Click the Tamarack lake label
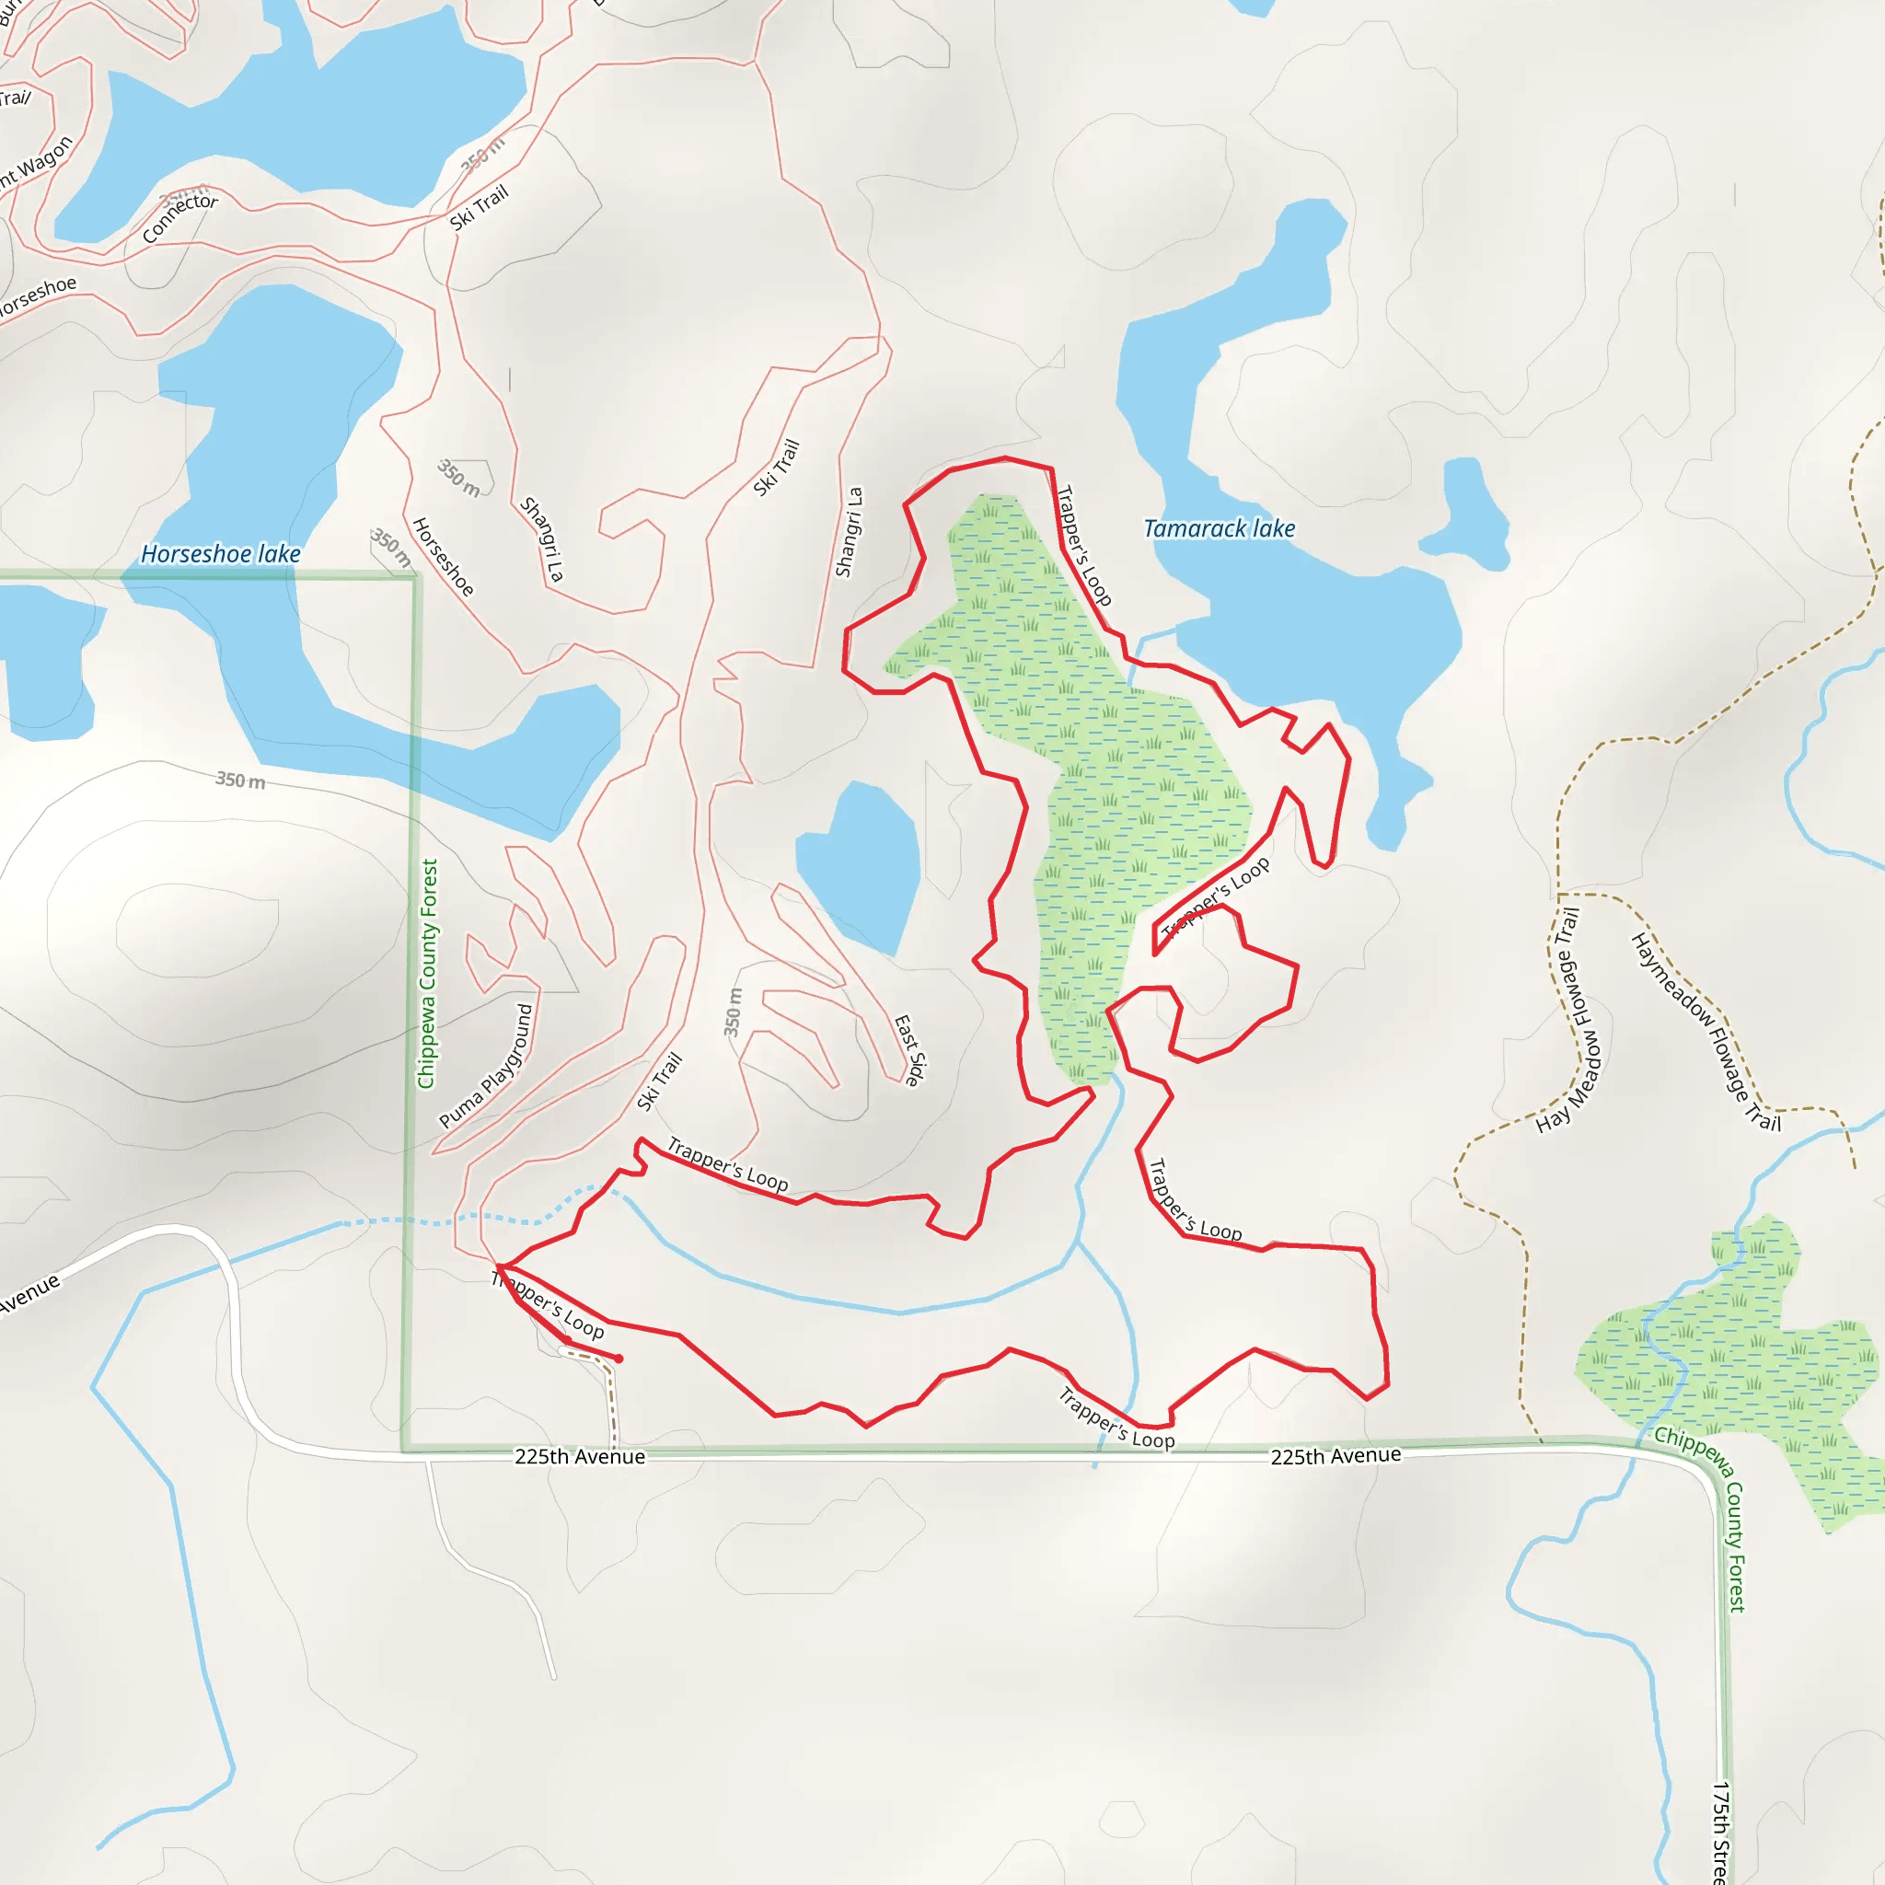[1219, 529]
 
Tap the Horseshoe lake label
[221, 554]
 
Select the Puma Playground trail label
[486, 1067]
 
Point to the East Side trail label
[909, 1050]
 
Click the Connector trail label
[179, 216]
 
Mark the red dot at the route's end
[619, 1359]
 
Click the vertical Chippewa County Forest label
[427, 974]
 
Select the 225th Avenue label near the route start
[580, 1457]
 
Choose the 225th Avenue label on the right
[1335, 1456]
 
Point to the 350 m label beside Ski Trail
[733, 1012]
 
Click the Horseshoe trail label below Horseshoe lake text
[443, 557]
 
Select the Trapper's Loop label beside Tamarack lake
[1085, 546]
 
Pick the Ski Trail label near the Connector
[479, 208]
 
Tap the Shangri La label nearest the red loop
[849, 533]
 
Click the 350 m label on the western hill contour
[240, 781]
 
